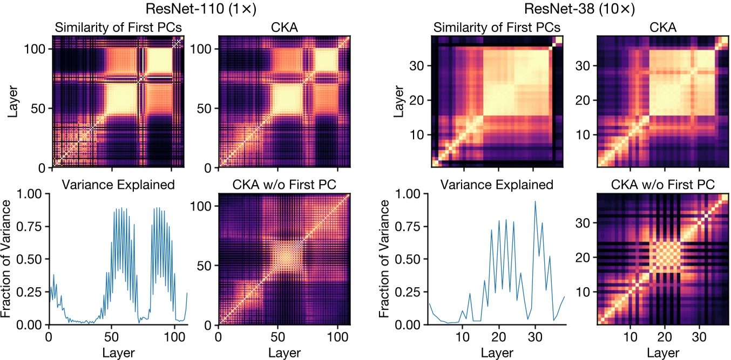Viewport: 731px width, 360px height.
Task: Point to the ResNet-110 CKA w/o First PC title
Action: [x=284, y=185]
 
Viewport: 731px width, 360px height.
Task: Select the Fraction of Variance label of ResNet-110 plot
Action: [x=9, y=259]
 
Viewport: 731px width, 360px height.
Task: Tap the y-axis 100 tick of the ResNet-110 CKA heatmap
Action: [x=202, y=49]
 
